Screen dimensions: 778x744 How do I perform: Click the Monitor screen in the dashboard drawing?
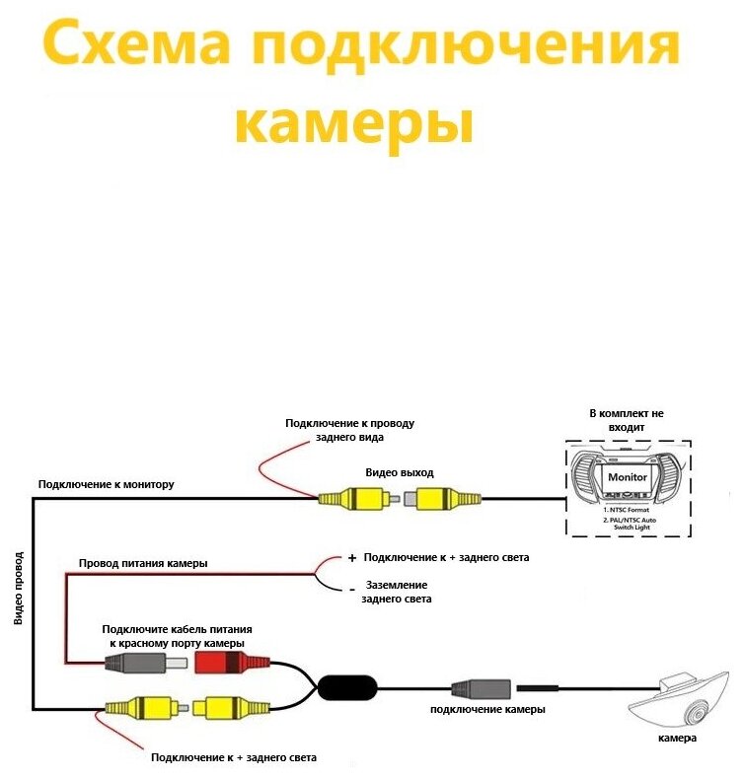(628, 477)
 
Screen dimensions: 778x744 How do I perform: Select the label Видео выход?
(399, 472)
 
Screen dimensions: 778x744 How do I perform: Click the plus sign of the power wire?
(351, 558)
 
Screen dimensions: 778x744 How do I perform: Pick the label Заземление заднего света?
(397, 592)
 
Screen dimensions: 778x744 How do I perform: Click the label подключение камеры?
(487, 710)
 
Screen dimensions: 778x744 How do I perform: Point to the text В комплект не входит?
(627, 421)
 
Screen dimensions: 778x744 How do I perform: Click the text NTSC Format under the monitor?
(628, 508)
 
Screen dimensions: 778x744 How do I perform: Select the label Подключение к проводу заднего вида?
(349, 430)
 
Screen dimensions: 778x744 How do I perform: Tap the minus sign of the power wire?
(351, 590)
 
